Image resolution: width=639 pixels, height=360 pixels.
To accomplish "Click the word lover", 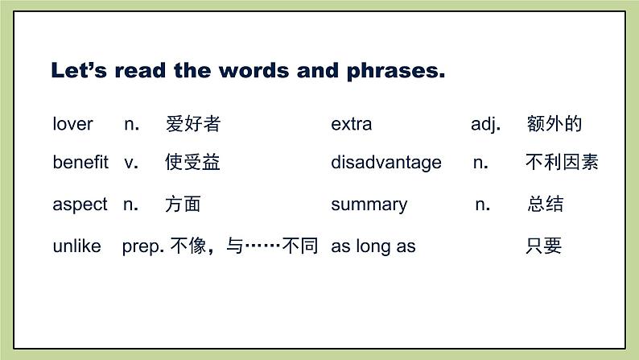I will pyautogui.click(x=72, y=124).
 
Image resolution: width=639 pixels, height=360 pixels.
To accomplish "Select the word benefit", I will pyautogui.click(x=80, y=163).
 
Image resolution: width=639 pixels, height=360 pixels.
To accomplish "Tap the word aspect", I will pyautogui.click(x=80, y=205).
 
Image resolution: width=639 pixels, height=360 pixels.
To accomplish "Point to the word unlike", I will pyautogui.click(x=76, y=246).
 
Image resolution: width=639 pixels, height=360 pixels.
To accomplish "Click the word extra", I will pyautogui.click(x=351, y=124).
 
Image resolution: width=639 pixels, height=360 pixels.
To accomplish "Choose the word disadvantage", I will pyautogui.click(x=385, y=163).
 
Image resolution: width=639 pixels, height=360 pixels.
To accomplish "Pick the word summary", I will pyautogui.click(x=369, y=205).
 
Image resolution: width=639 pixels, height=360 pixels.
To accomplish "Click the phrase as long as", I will pyautogui.click(x=373, y=246).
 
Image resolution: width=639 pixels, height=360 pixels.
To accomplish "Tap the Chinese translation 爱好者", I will pyautogui.click(x=192, y=124).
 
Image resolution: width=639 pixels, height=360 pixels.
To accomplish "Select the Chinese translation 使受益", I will pyautogui.click(x=192, y=163).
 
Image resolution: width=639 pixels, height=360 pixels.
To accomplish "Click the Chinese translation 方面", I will pyautogui.click(x=183, y=205).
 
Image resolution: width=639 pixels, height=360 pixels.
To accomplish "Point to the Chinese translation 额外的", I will pyautogui.click(x=554, y=124).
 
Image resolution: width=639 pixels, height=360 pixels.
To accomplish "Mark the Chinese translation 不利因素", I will pyautogui.click(x=562, y=163).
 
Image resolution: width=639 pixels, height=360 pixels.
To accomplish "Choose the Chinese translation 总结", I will pyautogui.click(x=545, y=205).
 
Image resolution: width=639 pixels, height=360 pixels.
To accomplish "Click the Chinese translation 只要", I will pyautogui.click(x=543, y=246).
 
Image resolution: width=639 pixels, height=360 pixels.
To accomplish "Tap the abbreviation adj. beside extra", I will pyautogui.click(x=485, y=124).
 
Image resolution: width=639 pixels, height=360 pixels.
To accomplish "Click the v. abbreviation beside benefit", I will pyautogui.click(x=131, y=163).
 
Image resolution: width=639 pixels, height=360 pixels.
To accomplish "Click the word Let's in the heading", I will pyautogui.click(x=79, y=71).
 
